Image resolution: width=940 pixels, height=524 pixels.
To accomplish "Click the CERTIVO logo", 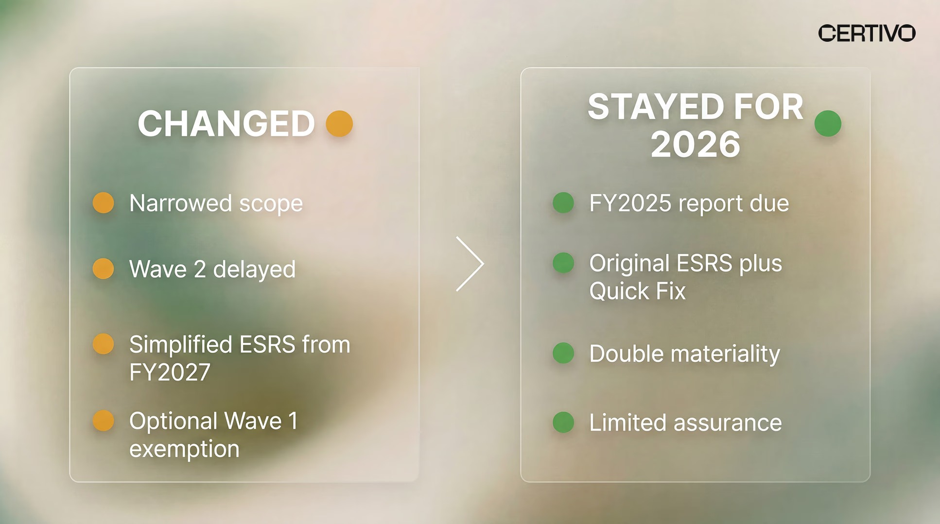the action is click(x=867, y=33).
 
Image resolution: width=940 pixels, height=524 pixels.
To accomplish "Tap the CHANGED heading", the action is click(x=226, y=124).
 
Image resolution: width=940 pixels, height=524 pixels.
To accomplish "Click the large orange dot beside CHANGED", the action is click(x=339, y=123).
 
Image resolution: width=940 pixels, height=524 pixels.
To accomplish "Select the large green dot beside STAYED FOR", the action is click(x=828, y=123).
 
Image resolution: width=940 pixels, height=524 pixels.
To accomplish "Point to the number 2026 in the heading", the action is click(x=696, y=145).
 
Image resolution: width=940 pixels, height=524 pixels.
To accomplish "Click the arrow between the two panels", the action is click(x=470, y=264).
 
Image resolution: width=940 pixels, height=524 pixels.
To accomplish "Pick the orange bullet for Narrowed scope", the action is click(x=104, y=203).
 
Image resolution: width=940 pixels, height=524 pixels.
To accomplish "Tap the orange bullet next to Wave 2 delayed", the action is click(x=104, y=269).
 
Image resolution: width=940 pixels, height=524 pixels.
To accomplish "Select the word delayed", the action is click(x=254, y=269).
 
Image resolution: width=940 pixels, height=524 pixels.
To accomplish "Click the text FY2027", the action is click(x=170, y=372).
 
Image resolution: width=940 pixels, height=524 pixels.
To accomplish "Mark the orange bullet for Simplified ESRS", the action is click(x=104, y=344).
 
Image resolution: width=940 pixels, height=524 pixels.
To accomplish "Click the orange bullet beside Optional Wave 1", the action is click(x=104, y=421).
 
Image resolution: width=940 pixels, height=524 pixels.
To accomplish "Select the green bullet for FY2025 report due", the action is click(x=563, y=203).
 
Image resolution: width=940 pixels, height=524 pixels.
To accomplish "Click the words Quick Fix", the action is click(x=637, y=291).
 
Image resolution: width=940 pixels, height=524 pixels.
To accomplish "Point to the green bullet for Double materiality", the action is click(x=563, y=353).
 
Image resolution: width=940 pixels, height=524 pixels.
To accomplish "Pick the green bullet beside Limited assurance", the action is click(x=563, y=422).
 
